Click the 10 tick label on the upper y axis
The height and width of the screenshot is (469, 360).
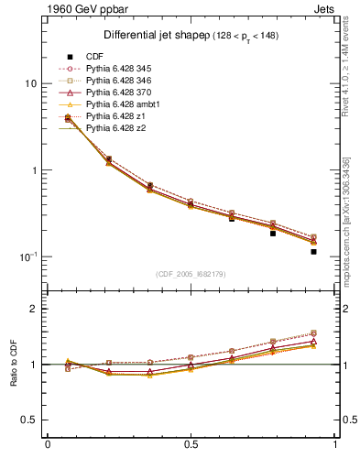[30, 83]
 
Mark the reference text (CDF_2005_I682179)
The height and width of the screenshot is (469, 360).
[191, 274]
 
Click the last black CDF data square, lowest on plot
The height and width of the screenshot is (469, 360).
[313, 251]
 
